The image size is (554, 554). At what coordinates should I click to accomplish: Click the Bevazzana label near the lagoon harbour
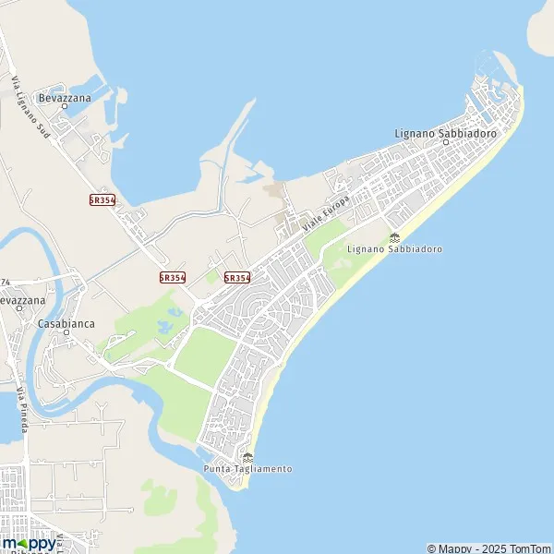tap(64, 96)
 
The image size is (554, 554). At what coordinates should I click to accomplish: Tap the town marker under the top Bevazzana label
tap(65, 106)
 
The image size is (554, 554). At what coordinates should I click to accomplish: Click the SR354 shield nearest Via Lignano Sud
tap(102, 199)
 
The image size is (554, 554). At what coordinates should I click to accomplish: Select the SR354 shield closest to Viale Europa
tap(237, 277)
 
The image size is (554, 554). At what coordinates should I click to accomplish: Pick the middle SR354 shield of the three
tap(173, 277)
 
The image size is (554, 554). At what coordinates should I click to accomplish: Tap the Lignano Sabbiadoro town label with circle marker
tap(445, 134)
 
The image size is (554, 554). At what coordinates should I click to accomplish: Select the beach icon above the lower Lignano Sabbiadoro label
tap(394, 238)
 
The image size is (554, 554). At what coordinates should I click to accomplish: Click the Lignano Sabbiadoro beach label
tap(394, 249)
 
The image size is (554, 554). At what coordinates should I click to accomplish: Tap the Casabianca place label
tap(66, 324)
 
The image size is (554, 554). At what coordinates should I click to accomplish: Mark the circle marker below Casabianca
tap(66, 333)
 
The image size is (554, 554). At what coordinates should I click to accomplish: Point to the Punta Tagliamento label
tap(247, 469)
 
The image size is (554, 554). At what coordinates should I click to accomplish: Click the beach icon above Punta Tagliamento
tap(247, 457)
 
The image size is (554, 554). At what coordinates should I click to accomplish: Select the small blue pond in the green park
tap(170, 326)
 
